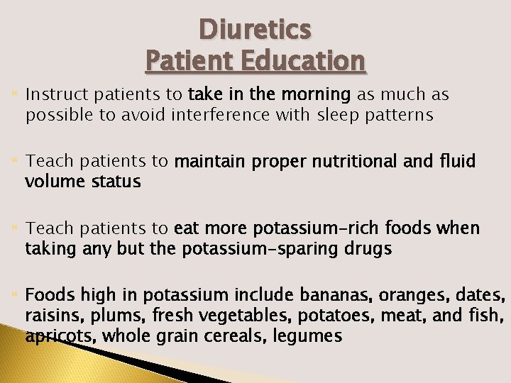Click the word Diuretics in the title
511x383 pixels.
[x=255, y=30]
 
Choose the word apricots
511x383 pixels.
[x=60, y=336]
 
